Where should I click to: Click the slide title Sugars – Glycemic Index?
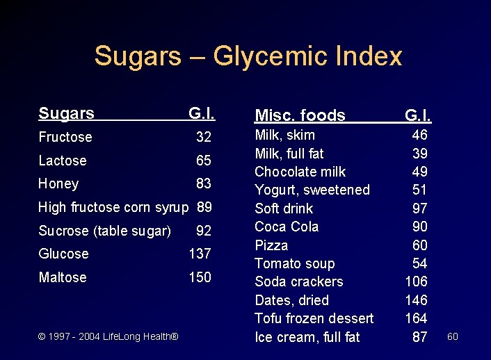[x=248, y=56]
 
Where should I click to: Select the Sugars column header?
[x=66, y=113]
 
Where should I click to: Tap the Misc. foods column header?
[x=300, y=115]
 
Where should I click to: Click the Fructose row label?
[x=65, y=137]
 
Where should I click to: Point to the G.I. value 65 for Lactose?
[x=204, y=161]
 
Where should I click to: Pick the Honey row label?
[x=58, y=183]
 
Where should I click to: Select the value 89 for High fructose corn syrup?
[x=204, y=207]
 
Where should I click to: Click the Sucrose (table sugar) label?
[x=104, y=231]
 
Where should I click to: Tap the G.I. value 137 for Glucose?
[x=200, y=254]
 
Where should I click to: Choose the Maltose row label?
[x=63, y=277]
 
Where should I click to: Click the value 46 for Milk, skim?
[x=419, y=135]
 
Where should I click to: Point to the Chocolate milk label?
[x=300, y=172]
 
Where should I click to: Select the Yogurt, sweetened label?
[x=312, y=190]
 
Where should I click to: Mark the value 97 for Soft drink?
[x=419, y=208]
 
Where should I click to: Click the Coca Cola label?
[x=287, y=227]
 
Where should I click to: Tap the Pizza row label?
[x=271, y=245]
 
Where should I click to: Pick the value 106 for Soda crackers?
[x=416, y=281]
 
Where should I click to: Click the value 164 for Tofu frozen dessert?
[x=416, y=318]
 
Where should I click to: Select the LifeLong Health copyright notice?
[x=108, y=336]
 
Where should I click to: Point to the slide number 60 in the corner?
[x=453, y=336]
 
